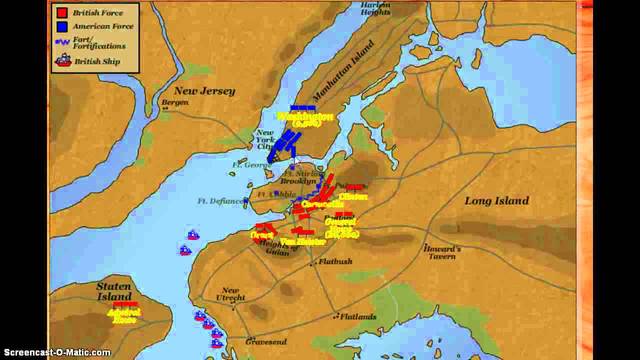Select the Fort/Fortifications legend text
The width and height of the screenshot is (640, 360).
103,45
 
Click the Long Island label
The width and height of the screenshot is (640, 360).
497,201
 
